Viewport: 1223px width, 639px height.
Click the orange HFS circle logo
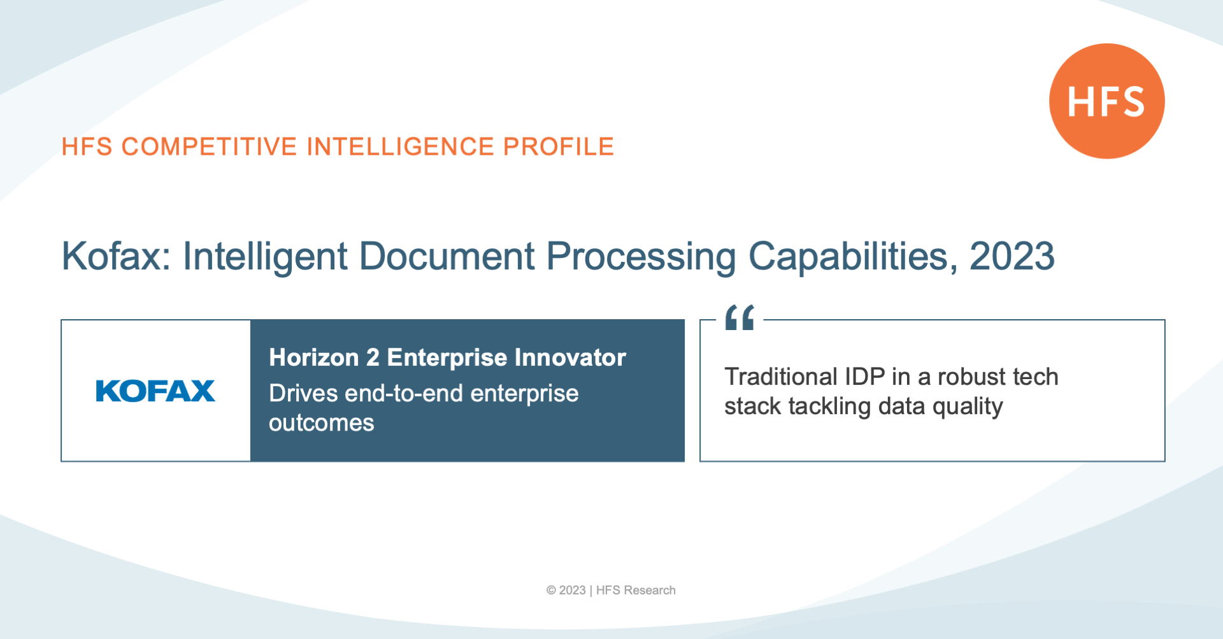(1106, 101)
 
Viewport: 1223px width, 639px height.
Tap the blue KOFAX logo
(155, 391)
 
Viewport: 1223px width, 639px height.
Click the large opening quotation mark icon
(740, 317)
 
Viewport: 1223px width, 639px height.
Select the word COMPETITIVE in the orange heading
(209, 147)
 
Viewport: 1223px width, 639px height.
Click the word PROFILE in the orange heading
(558, 147)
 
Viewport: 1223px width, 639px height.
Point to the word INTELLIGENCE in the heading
(400, 147)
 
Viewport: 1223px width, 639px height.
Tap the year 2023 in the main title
(1012, 256)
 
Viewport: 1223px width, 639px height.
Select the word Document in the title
(447, 256)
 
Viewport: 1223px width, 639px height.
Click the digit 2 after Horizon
(373, 357)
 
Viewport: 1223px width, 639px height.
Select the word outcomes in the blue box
(322, 423)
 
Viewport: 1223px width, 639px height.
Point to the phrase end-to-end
(404, 393)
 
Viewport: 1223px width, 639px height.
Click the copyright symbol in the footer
(551, 591)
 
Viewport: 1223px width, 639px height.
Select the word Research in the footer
(650, 591)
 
